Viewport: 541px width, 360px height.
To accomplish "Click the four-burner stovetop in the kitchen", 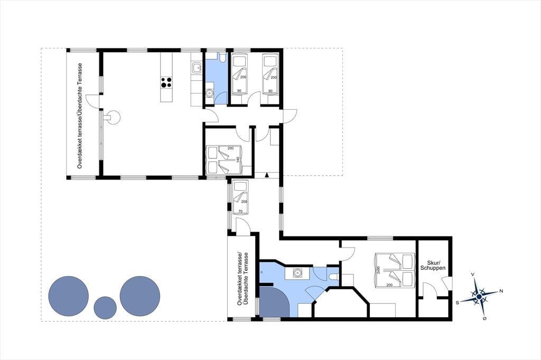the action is coord(166,82).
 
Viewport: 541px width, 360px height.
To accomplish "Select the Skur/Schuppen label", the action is coord(433,265).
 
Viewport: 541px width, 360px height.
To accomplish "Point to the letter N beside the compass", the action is coord(501,291).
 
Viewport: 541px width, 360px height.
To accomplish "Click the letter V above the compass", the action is coord(473,274).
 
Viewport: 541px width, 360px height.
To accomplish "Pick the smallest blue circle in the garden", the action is coord(105,308).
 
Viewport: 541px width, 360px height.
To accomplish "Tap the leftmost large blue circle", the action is coord(68,296).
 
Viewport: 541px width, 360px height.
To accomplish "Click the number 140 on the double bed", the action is coord(237,159).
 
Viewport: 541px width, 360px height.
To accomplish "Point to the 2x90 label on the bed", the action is coord(378,270).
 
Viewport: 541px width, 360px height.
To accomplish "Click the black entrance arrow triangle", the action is coord(266,175).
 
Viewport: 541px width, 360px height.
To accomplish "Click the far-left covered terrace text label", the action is coord(80,116).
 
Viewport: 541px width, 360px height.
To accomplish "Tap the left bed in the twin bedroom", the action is coord(238,74).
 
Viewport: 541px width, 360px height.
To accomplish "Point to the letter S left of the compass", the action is coord(458,302).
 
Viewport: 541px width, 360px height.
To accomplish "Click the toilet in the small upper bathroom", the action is coord(222,58).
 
